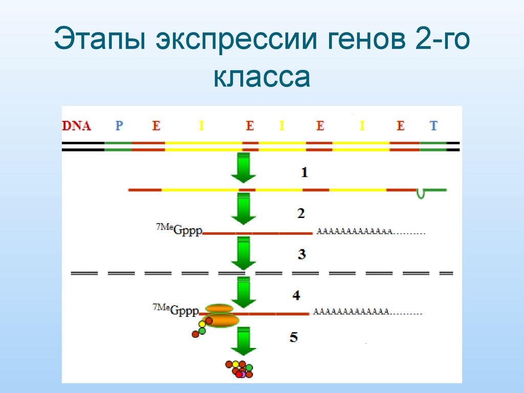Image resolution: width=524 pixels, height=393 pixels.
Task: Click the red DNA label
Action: point(76,125)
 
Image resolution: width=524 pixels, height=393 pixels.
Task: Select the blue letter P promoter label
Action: point(119,125)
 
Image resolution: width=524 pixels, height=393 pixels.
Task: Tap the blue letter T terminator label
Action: point(433,125)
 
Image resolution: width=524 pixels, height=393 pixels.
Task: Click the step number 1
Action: point(304,172)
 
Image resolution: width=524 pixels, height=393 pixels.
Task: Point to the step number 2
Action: point(301,213)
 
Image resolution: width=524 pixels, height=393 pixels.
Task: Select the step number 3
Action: point(302,254)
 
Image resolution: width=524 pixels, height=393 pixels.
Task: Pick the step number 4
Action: point(296,295)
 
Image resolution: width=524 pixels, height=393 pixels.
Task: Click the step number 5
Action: point(293,337)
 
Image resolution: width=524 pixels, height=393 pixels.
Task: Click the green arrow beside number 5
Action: point(243,341)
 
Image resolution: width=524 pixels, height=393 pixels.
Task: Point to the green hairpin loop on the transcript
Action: point(421,193)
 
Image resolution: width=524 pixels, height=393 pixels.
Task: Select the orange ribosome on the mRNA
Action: point(221,316)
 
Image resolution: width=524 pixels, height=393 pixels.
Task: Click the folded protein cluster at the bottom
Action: point(239,369)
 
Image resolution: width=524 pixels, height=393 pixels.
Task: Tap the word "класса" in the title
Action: point(261,78)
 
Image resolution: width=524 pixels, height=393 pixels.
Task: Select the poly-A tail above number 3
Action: point(371,232)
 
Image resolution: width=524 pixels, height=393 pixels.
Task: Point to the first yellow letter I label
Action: point(201,125)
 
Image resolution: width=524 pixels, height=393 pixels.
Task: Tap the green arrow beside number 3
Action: point(243,253)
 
